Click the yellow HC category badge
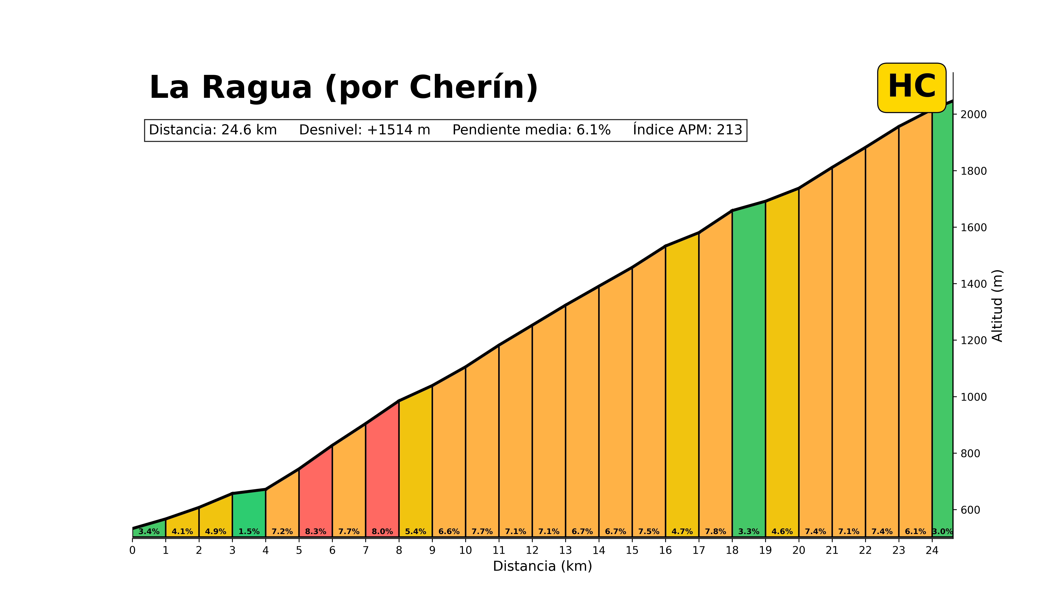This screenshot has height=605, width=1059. pos(911,88)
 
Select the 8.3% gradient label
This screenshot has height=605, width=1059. pos(315,531)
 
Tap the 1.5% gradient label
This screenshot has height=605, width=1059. pos(249,531)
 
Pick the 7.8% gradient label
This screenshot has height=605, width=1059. pos(715,531)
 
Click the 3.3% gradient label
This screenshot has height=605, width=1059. pos(748,531)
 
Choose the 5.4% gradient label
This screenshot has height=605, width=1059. pos(416,531)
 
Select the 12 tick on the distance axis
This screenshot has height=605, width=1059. pos(532,550)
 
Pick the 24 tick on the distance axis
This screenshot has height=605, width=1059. pos(932,550)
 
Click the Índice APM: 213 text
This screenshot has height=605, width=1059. pos(687,130)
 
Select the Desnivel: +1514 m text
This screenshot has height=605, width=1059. pos(364,130)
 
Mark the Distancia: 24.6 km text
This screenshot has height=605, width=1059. pos(213,130)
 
